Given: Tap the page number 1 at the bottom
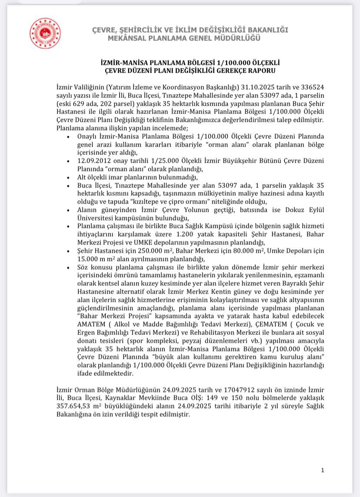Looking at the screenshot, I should click(x=323, y=470).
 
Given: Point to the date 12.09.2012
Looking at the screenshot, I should click(x=93, y=161).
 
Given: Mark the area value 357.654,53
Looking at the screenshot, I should click(x=77, y=406).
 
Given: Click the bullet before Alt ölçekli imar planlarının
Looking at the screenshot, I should click(x=69, y=177).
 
